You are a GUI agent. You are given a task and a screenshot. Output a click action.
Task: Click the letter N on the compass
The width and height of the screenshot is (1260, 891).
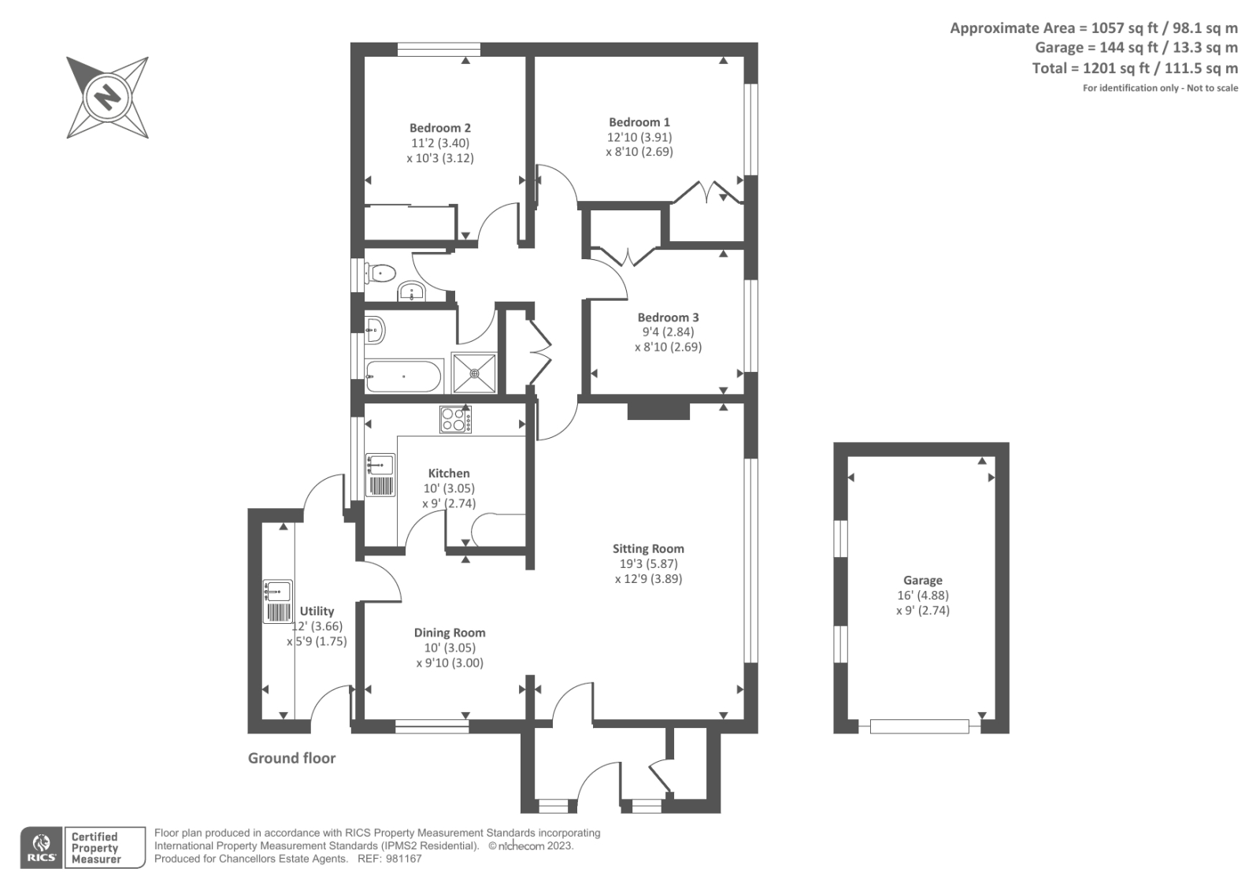[107, 98]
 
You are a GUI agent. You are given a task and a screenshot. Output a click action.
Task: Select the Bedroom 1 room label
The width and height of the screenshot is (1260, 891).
[639, 122]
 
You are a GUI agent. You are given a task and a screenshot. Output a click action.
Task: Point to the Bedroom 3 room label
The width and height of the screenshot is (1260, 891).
[668, 317]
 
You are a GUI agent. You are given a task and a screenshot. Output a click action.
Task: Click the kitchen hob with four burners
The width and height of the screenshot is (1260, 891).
[455, 419]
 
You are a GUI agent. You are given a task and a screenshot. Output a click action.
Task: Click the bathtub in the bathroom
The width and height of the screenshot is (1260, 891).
[403, 377]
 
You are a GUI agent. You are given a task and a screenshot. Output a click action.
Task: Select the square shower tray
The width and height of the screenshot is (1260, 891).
[475, 373]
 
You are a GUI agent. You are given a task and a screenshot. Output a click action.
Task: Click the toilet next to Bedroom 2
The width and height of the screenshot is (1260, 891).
[381, 273]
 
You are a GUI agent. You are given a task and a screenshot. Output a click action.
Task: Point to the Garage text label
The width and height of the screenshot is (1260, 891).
[922, 581]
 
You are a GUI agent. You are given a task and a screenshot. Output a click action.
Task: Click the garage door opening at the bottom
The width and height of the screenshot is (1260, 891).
[919, 726]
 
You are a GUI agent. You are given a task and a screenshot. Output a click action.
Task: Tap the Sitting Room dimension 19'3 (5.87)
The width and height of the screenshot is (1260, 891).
[648, 564]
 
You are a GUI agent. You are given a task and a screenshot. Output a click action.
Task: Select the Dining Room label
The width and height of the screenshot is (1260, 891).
[450, 633]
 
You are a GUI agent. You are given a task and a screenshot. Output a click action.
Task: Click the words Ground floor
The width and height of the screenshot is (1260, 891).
[291, 758]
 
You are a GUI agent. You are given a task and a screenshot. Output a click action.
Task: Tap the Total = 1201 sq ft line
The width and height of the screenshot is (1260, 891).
[1134, 69]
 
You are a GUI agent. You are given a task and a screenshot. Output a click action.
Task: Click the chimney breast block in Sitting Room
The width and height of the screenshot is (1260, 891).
[658, 411]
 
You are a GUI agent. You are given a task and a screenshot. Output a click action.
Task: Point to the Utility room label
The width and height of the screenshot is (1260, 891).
[317, 611]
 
